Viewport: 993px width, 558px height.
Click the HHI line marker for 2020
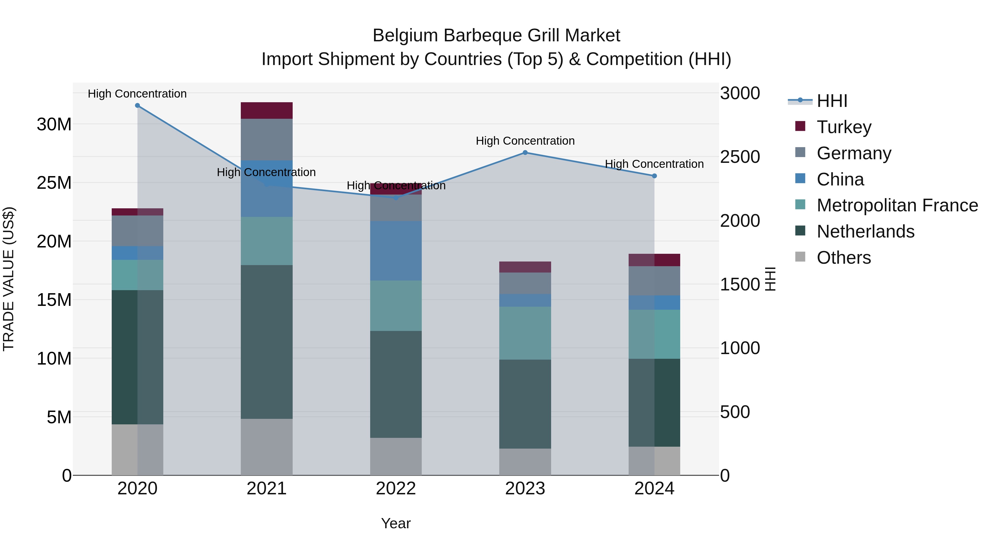pos(137,106)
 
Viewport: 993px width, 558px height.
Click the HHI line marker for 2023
pos(525,152)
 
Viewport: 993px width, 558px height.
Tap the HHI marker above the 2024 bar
pos(654,176)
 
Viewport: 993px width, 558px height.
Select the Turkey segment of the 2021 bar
pos(266,110)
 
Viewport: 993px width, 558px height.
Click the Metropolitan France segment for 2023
pos(525,333)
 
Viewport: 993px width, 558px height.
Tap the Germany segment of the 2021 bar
pos(266,139)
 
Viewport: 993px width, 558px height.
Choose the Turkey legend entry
pos(844,127)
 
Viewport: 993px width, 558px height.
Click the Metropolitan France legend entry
pos(897,205)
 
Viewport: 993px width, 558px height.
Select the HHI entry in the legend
pos(832,101)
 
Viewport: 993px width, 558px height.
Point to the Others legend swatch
pos(800,257)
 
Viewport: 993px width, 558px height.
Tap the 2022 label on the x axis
pos(396,489)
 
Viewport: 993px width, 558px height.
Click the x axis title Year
pos(396,523)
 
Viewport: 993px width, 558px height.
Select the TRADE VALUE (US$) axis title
pos(9,279)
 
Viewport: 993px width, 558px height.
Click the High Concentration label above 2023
pos(525,141)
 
